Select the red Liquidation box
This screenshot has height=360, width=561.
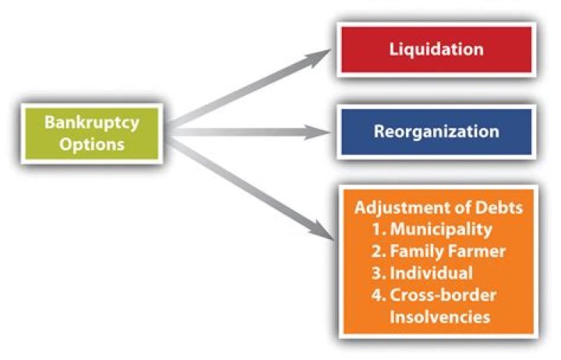pos(436,49)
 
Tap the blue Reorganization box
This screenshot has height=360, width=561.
pos(436,131)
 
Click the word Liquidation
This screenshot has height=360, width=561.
pos(436,49)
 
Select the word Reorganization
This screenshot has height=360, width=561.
pos(436,131)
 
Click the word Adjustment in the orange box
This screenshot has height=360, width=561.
pos(394,209)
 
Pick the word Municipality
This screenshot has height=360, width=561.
pos(442,231)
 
